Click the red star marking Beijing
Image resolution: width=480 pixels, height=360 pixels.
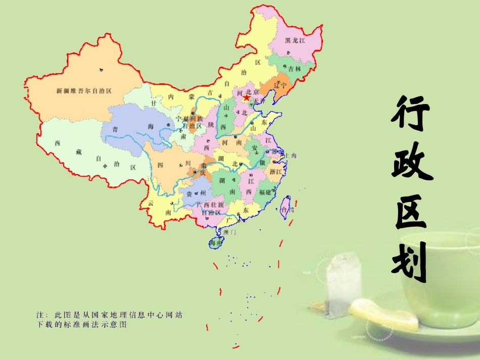coord(246,98)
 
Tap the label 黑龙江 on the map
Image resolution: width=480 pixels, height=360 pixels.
coord(295,40)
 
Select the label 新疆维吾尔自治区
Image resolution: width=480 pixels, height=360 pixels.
coord(83,91)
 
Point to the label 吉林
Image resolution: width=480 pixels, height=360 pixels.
coord(294,68)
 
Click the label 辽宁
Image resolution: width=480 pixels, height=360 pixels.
coord(280,85)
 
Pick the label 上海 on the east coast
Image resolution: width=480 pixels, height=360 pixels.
coord(291,156)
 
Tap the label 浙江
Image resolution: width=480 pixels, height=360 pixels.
coord(276,172)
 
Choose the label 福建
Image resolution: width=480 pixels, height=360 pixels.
coord(265,192)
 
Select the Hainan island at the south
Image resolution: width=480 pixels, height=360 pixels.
coord(216,243)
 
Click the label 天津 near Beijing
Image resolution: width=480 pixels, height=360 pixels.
coord(259,101)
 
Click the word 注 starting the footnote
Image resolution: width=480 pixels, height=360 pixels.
coord(40,315)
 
